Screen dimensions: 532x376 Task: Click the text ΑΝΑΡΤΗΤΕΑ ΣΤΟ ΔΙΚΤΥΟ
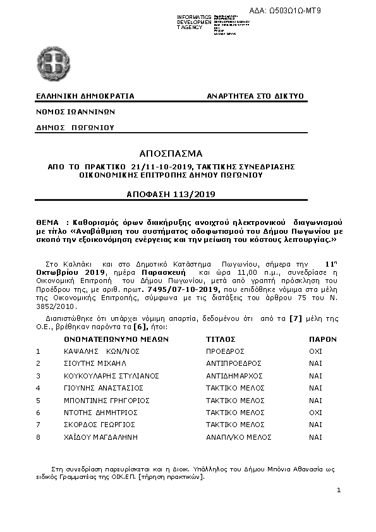click(x=255, y=96)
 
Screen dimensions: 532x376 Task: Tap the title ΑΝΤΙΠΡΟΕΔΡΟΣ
click(x=234, y=363)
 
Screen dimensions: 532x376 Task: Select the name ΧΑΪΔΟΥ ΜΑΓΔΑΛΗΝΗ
click(x=99, y=437)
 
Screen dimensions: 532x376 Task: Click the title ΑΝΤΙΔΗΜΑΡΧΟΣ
click(x=234, y=375)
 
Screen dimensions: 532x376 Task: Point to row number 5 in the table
click(x=38, y=400)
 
